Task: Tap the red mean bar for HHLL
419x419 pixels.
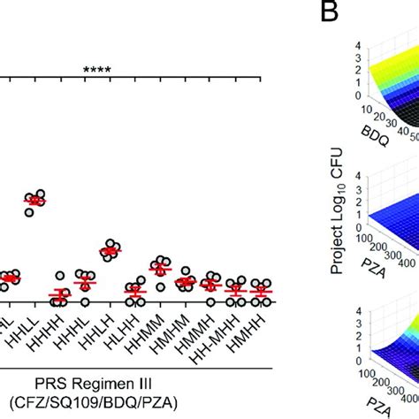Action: pyautogui.click(x=34, y=202)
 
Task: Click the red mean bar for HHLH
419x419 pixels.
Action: pyautogui.click(x=110, y=252)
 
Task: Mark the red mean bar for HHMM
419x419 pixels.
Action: pyautogui.click(x=160, y=268)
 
